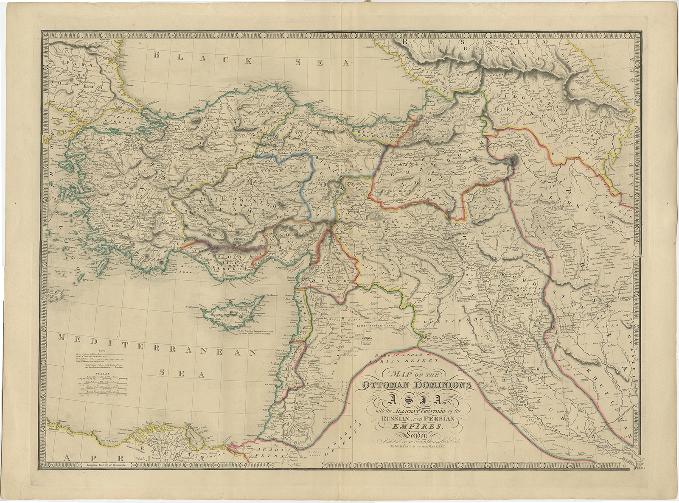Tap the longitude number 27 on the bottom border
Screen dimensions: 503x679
tap(58, 465)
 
